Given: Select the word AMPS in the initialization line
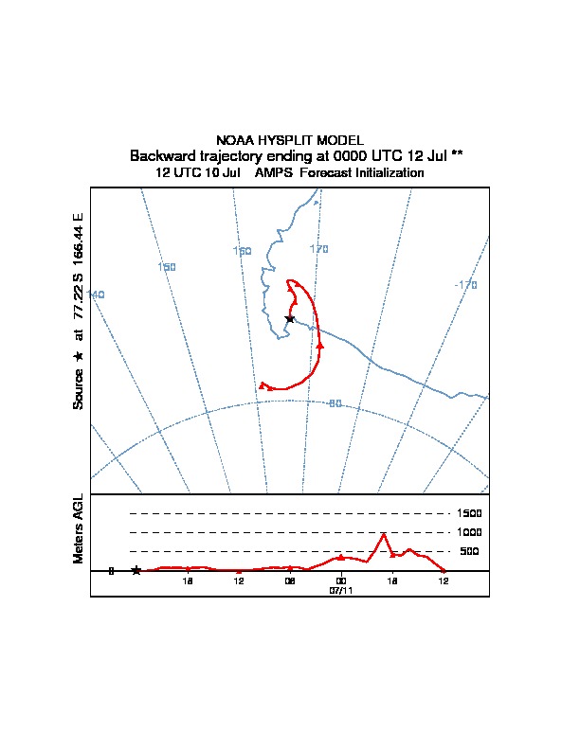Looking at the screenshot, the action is (x=274, y=172).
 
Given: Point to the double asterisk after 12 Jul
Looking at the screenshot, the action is (x=457, y=154).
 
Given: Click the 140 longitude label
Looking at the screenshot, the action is (x=96, y=295).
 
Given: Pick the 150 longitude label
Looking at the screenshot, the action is (x=167, y=267).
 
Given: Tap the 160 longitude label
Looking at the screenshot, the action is (x=243, y=251).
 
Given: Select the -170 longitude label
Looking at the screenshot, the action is (x=465, y=285).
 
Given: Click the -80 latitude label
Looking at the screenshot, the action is (x=335, y=403).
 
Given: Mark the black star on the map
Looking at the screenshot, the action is (x=289, y=318).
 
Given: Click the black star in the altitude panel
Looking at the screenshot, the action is (x=136, y=570).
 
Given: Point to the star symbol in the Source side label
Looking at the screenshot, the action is (x=79, y=356).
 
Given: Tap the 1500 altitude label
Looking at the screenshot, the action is (x=469, y=513).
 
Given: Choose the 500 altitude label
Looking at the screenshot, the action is (x=469, y=551).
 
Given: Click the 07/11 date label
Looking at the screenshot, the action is (x=341, y=591).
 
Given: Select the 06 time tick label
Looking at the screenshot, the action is (x=289, y=581).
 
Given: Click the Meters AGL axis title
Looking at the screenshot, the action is (x=79, y=528).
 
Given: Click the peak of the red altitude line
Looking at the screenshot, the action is (x=383, y=534).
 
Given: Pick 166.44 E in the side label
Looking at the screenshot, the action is (x=79, y=240).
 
